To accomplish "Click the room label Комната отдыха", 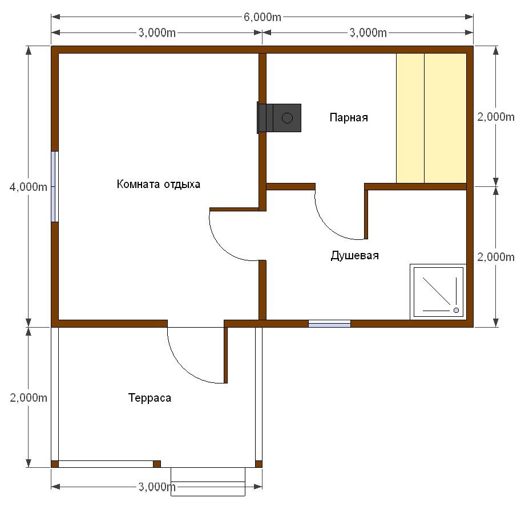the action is (x=159, y=184).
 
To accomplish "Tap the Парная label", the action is (x=349, y=117).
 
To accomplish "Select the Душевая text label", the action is (x=354, y=255).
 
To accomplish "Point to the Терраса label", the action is (x=150, y=398).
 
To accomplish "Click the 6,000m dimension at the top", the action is (x=262, y=17).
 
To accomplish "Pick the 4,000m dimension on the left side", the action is (x=28, y=187).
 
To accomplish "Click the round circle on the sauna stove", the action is (x=287, y=118).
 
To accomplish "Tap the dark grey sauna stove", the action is (x=279, y=118).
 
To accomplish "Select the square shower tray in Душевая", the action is (x=438, y=292).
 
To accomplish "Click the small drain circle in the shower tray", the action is (x=456, y=311).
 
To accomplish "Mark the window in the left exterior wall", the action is (x=55, y=186).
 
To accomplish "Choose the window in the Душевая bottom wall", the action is (x=329, y=324).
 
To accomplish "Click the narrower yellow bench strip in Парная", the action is (x=410, y=118).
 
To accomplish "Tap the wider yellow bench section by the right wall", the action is (x=445, y=118).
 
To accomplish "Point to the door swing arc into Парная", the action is (x=330, y=226).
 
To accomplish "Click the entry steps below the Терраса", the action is (x=208, y=481).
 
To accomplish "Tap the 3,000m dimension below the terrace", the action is (x=157, y=487).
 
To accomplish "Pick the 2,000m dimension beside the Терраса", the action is (x=29, y=398).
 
